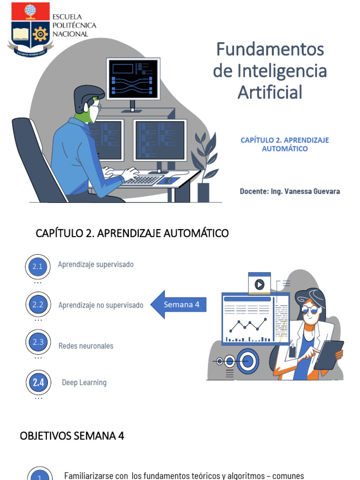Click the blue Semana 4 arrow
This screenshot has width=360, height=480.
[178, 305]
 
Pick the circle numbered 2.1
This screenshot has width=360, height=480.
[37, 267]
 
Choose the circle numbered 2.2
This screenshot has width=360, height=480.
[37, 305]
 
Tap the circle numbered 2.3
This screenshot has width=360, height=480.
[37, 342]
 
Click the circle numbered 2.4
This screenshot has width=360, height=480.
[38, 382]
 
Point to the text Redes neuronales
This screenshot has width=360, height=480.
[86, 346]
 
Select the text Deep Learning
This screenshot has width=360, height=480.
[84, 382]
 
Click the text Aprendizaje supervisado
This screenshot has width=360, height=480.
[96, 264]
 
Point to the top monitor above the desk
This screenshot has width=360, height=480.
[133, 79]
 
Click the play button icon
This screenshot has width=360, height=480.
[259, 285]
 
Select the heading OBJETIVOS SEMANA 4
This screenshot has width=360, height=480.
[72, 436]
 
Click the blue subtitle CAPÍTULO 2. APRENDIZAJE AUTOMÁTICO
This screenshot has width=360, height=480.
[285, 144]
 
